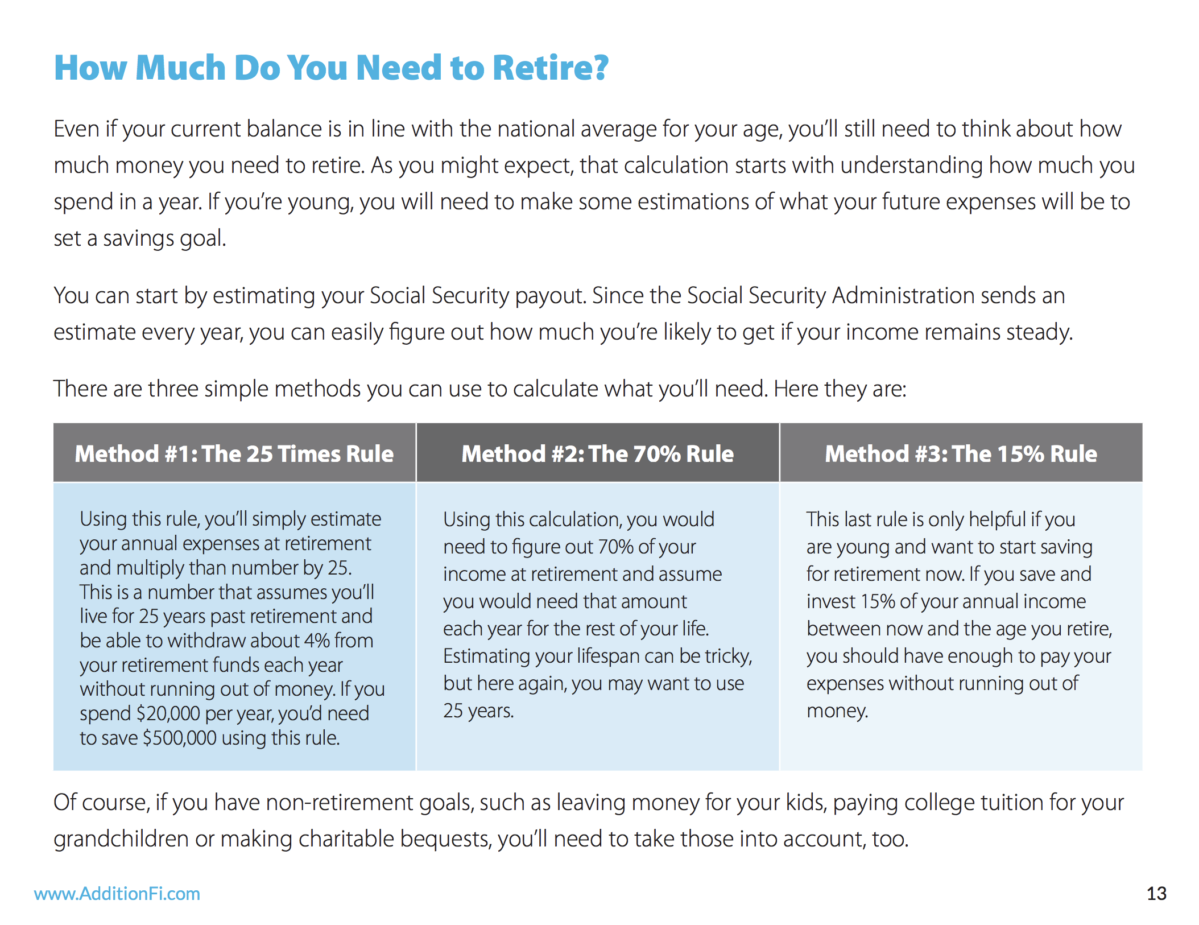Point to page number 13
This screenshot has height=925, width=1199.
pos(1156,893)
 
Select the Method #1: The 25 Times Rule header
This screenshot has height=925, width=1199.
pos(234,453)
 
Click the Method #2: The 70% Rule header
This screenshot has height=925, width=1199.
pos(597,453)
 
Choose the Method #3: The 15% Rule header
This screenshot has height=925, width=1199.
pos(961,453)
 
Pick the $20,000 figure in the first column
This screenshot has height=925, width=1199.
pos(168,713)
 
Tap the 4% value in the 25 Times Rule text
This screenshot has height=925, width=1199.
pos(317,640)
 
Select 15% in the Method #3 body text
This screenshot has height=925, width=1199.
pos(878,601)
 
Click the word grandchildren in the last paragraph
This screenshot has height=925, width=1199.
pos(121,839)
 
